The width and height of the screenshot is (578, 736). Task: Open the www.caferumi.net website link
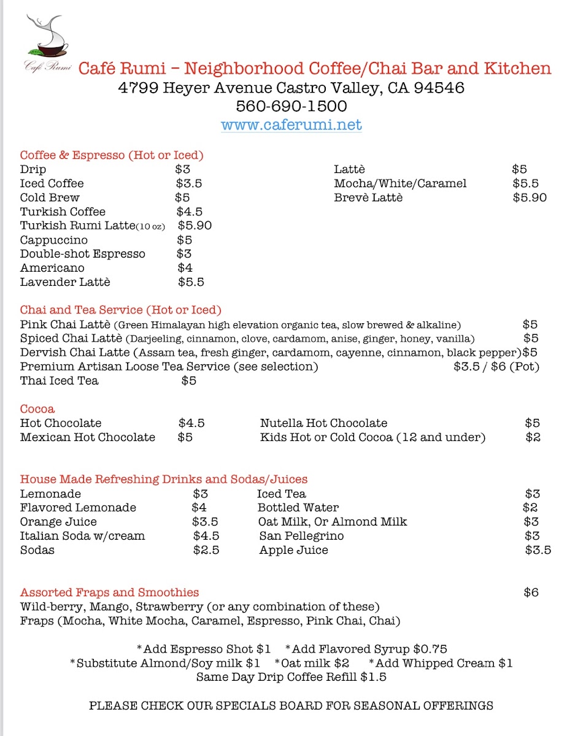[x=291, y=125]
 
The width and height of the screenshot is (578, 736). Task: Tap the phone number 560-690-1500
[x=291, y=106]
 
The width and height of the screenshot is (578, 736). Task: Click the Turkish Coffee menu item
[x=63, y=212]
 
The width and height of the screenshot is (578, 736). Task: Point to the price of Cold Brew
[x=182, y=197]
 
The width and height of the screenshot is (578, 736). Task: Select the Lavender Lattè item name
[x=65, y=282]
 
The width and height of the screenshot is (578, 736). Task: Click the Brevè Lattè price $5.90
[x=530, y=197]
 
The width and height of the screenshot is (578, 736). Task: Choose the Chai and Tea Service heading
[x=120, y=310]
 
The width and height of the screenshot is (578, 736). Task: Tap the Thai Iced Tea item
[x=59, y=381]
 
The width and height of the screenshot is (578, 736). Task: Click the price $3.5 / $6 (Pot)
[x=496, y=367]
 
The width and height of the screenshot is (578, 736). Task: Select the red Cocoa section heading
[x=37, y=409]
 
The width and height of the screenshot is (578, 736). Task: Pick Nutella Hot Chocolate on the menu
[x=323, y=423]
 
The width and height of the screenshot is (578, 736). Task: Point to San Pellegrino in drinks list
[x=301, y=536]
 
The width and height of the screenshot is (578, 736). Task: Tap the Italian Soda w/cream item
[x=82, y=536]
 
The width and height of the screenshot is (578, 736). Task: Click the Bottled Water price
[x=530, y=508]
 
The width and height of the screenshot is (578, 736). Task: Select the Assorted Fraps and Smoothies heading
[x=109, y=592]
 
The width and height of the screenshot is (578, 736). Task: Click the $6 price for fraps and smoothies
[x=531, y=592]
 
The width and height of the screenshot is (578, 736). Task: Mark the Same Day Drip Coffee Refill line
[x=291, y=677]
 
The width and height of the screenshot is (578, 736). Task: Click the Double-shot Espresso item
[x=82, y=254]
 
